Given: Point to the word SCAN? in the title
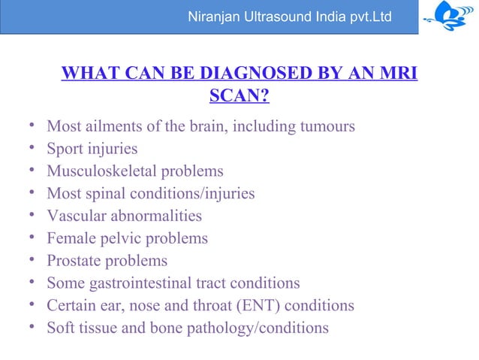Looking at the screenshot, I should click(x=239, y=97).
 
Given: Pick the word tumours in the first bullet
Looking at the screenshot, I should click(x=329, y=126).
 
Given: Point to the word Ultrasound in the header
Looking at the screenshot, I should click(x=284, y=16).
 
